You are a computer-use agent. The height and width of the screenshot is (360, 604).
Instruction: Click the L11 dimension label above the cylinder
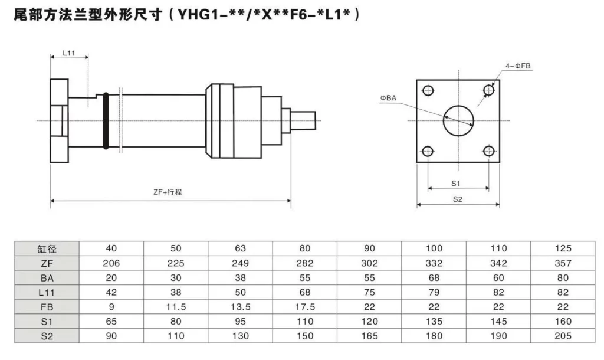[x=68, y=53]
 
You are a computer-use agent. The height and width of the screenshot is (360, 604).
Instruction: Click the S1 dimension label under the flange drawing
[x=456, y=183]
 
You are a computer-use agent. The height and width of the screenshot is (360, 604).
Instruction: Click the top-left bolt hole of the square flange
[x=428, y=90]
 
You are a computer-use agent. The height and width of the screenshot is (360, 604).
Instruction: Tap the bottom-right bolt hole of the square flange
[x=488, y=150]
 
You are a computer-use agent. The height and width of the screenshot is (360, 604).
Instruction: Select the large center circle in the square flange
[x=459, y=120]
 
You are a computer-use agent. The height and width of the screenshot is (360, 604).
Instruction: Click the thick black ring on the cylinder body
[x=105, y=120]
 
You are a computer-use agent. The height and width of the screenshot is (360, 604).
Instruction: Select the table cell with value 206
[x=111, y=263]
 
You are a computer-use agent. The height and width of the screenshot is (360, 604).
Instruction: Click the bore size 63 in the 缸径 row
[x=240, y=248]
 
